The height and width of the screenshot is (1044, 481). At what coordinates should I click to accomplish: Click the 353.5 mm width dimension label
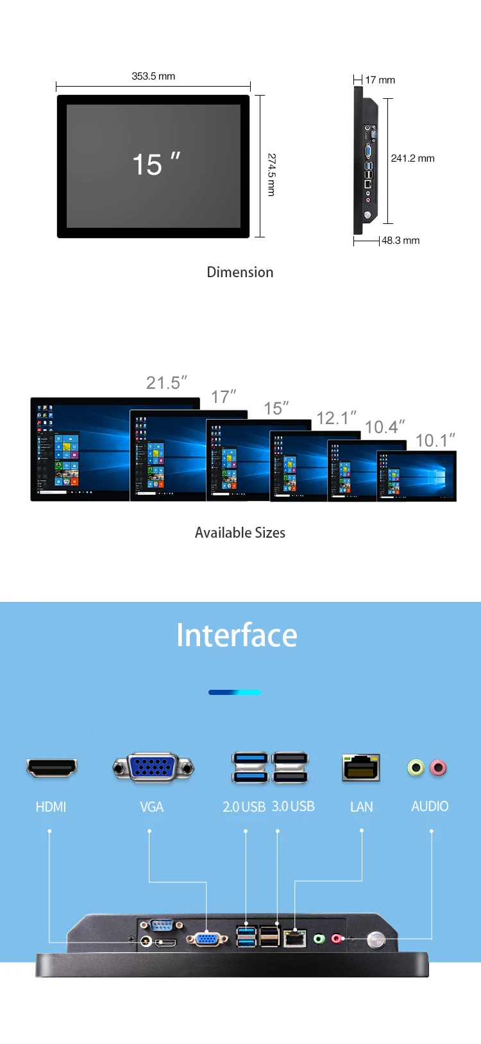coord(153,76)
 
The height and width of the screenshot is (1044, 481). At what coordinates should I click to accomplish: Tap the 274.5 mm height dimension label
coord(271,174)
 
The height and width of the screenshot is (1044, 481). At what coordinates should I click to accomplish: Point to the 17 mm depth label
coord(380,80)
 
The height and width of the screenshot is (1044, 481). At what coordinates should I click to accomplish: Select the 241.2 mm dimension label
coord(412,158)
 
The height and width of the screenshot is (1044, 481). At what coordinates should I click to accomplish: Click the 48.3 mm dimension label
coord(400,241)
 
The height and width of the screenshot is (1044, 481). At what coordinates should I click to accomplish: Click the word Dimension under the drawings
coord(240,272)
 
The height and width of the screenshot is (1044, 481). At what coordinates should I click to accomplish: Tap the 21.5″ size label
coord(166,382)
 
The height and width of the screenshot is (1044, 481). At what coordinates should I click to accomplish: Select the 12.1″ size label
coord(336,418)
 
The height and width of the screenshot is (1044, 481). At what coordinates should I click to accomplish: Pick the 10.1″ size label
coord(435,440)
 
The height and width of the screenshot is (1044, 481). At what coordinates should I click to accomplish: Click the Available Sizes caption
coord(240,533)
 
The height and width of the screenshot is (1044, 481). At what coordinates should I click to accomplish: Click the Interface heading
coord(237,635)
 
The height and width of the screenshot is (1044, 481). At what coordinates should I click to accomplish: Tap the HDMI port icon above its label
coord(51,767)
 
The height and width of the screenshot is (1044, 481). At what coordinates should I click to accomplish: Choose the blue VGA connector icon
coord(153,767)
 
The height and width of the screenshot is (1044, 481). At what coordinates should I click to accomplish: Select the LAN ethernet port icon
coord(361,767)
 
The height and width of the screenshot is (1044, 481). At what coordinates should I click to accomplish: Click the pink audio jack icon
coord(438,767)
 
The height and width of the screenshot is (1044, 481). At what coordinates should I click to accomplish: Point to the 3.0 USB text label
coord(293,807)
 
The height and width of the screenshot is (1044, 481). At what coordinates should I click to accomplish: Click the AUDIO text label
coord(430,807)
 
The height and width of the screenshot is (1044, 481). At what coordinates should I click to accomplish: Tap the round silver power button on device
coord(376,940)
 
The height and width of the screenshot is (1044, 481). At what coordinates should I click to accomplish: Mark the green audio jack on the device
coord(319,939)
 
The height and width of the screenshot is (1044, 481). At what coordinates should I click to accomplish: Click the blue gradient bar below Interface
coord(235,692)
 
